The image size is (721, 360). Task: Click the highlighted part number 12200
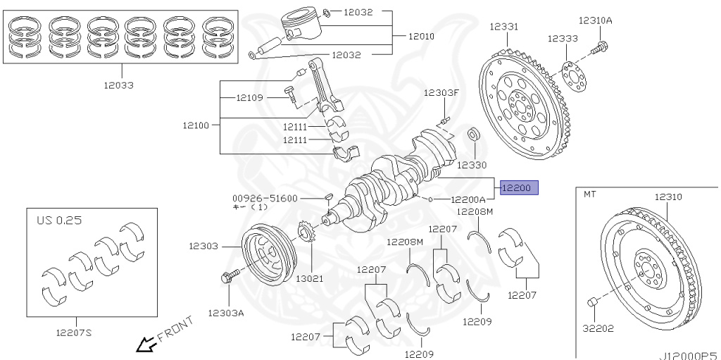(519, 187)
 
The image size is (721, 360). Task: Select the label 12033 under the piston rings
(120, 85)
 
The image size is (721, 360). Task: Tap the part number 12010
(421, 36)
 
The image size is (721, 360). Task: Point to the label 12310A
(595, 20)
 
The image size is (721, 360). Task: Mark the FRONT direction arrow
(146, 344)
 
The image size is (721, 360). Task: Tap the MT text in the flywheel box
(590, 197)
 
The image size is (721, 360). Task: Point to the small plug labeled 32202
(593, 303)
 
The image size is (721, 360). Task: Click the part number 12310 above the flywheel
(668, 197)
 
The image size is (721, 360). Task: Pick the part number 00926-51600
(265, 199)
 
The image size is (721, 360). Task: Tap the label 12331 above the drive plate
(504, 25)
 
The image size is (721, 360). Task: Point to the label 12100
(196, 125)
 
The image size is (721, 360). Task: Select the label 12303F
(441, 93)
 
